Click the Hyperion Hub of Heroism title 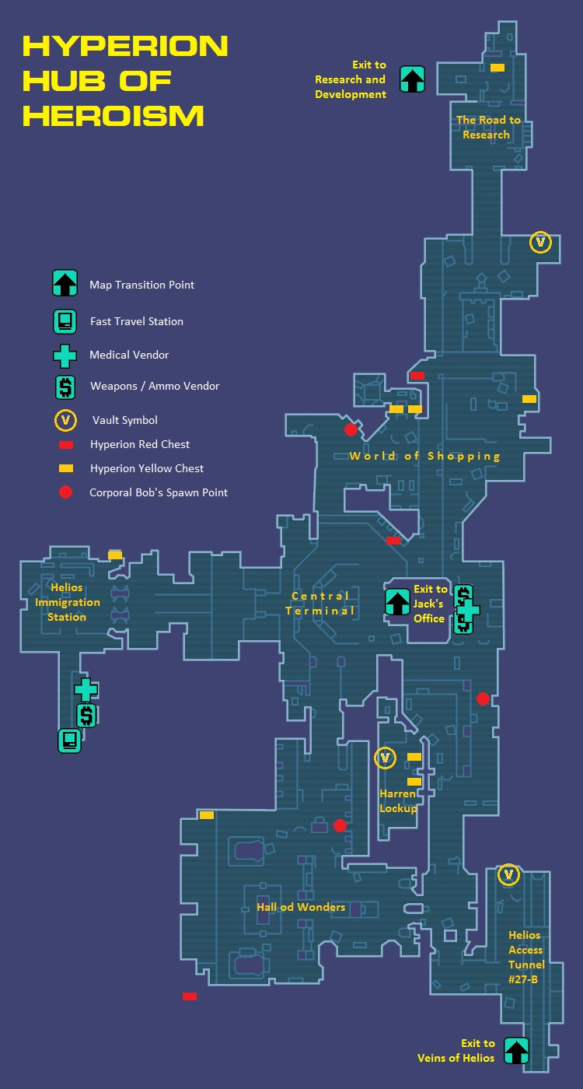pyautogui.click(x=125, y=81)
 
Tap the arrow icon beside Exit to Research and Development pyautogui.click(x=413, y=79)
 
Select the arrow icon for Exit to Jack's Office pyautogui.click(x=397, y=602)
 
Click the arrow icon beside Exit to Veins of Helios pyautogui.click(x=516, y=1051)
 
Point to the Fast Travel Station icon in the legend pyautogui.click(x=65, y=321)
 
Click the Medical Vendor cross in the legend pyautogui.click(x=65, y=356)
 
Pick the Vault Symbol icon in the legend pyautogui.click(x=65, y=420)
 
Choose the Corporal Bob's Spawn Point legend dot pyautogui.click(x=65, y=492)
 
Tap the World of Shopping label pyautogui.click(x=424, y=456)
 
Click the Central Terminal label pyautogui.click(x=320, y=604)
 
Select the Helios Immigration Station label pyautogui.click(x=67, y=602)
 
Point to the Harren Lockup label pyautogui.click(x=398, y=800)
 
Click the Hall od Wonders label pyautogui.click(x=301, y=907)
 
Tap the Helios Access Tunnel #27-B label pyautogui.click(x=526, y=957)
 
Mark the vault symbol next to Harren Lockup pyautogui.click(x=386, y=758)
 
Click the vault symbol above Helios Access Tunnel pyautogui.click(x=508, y=874)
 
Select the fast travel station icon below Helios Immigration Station pyautogui.click(x=69, y=741)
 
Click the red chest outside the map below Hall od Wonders pyautogui.click(x=190, y=996)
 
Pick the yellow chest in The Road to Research pyautogui.click(x=497, y=68)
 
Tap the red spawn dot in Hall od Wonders pyautogui.click(x=340, y=825)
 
